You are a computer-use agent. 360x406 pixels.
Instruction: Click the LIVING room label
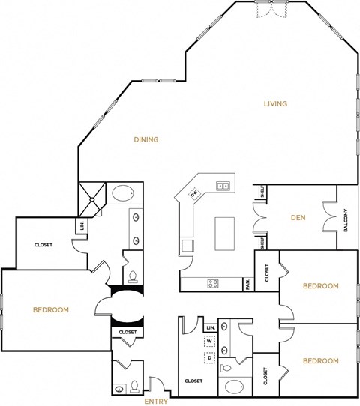pyautogui.click(x=275, y=103)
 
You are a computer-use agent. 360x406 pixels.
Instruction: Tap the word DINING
pyautogui.click(x=145, y=139)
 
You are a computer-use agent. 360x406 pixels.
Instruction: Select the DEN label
pyautogui.click(x=297, y=219)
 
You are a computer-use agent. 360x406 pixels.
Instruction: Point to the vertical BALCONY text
pyautogui.click(x=346, y=219)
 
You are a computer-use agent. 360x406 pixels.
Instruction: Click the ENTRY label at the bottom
pyautogui.click(x=156, y=401)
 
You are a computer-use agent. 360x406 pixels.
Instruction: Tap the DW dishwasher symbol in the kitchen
pyautogui.click(x=194, y=194)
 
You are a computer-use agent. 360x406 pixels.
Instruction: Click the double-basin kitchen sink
pyautogui.click(x=223, y=185)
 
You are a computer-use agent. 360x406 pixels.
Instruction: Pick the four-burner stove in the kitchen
pyautogui.click(x=212, y=284)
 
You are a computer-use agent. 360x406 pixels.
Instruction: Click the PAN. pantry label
pyautogui.click(x=247, y=284)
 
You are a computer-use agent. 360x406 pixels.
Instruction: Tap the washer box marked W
pyautogui.click(x=210, y=340)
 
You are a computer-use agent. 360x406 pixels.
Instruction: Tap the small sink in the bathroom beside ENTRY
pyautogui.click(x=119, y=389)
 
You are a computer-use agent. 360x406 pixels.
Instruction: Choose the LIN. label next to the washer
pyautogui.click(x=211, y=328)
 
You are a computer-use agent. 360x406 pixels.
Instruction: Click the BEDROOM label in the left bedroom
pyautogui.click(x=51, y=309)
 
